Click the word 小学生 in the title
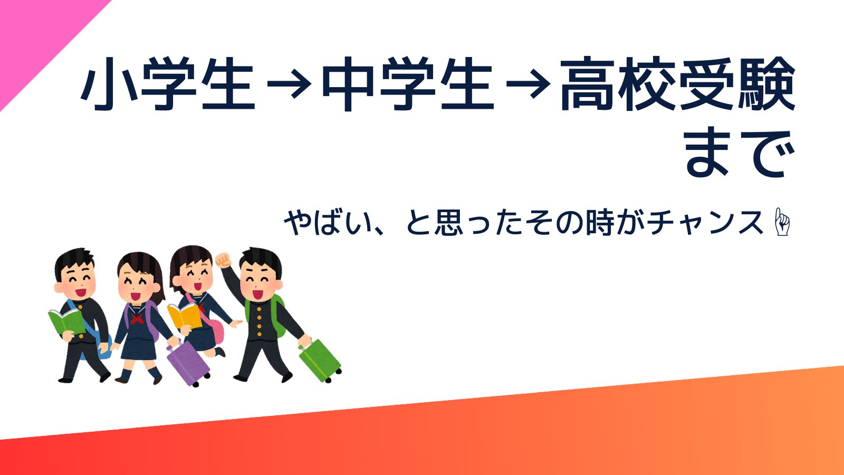point(168,84)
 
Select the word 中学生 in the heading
point(407,84)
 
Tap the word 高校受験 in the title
point(678,84)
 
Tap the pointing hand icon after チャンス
point(782,222)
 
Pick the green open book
point(67,321)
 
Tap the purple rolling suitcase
point(188,363)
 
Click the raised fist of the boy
point(223,260)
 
